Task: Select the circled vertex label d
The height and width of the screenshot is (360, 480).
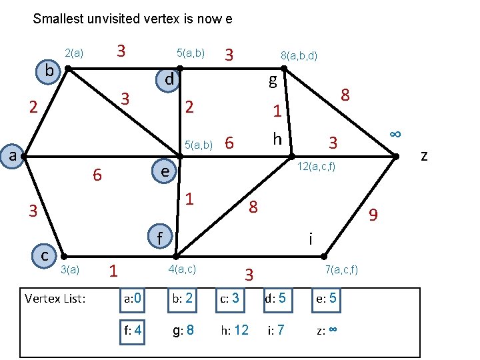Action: point(169,79)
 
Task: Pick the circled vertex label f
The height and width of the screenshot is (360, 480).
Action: point(159,237)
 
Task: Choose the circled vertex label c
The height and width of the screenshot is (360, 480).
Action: point(44,255)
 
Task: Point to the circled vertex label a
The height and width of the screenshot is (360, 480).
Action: point(12,155)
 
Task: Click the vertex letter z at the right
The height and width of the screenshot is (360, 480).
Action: point(424,155)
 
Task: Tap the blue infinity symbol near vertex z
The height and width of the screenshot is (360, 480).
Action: point(395,133)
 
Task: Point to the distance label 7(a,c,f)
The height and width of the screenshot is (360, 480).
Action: point(341,269)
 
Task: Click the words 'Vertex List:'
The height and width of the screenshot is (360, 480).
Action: point(55,299)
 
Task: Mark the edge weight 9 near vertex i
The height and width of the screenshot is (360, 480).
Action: point(374,215)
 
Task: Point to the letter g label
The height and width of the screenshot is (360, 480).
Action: point(273,81)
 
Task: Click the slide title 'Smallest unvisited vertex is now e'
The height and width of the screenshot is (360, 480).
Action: point(132,19)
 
